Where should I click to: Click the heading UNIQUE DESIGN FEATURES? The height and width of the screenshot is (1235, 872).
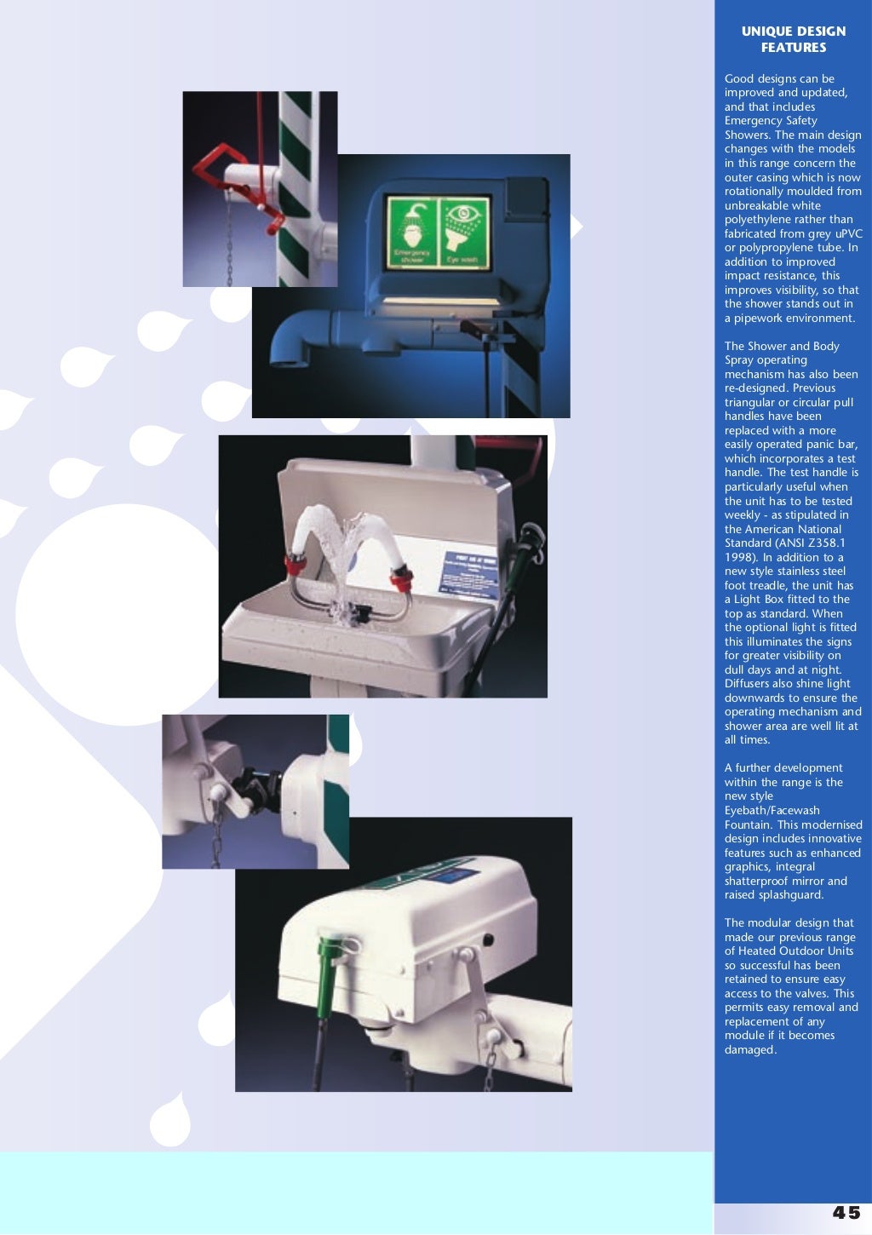click(793, 39)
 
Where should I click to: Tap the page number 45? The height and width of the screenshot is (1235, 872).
click(846, 1212)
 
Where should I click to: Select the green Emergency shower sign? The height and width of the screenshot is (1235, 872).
click(411, 233)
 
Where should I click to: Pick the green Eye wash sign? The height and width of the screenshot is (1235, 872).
click(463, 233)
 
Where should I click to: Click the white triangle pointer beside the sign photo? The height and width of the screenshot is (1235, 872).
click(577, 227)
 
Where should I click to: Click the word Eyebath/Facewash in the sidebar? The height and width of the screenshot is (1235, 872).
click(772, 810)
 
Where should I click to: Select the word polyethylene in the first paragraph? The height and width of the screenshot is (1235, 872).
click(759, 220)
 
